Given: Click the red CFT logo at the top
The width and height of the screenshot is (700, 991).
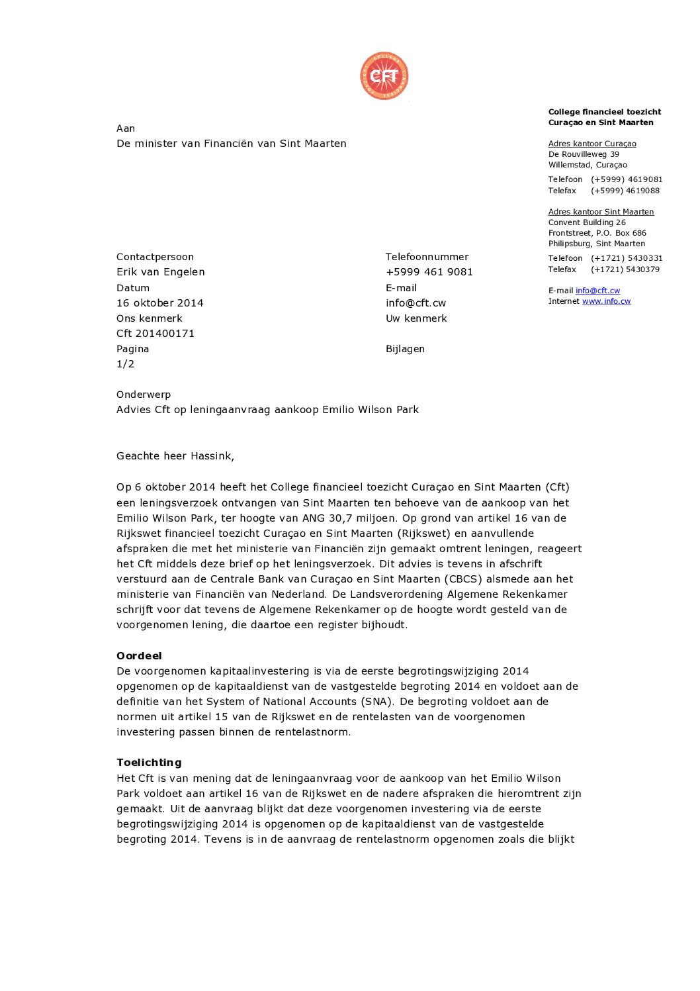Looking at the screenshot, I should click(384, 77).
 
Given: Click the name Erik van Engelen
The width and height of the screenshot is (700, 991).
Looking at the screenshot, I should click(161, 272).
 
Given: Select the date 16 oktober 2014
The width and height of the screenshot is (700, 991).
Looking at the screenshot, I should click(160, 303).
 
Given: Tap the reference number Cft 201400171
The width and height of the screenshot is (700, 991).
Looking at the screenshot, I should click(155, 334).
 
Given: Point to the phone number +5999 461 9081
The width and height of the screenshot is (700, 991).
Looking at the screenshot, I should click(429, 272).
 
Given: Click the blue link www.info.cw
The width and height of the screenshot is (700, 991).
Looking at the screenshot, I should click(606, 301).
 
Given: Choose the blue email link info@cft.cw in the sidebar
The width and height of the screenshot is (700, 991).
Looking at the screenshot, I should click(597, 291).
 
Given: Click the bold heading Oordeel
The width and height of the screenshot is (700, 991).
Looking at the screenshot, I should click(139, 656).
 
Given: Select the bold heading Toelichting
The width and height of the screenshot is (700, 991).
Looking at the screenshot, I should click(149, 763).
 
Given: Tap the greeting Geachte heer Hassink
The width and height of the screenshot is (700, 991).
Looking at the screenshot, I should click(175, 456).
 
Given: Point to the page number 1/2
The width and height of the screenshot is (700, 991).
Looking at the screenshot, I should click(126, 364).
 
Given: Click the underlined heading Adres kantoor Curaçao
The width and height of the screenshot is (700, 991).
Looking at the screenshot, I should click(592, 144).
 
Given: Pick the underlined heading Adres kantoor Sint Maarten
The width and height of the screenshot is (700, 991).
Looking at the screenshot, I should click(601, 212).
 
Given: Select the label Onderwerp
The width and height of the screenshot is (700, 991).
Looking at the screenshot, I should click(144, 395).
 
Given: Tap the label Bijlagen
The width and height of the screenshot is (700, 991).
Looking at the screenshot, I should click(405, 349).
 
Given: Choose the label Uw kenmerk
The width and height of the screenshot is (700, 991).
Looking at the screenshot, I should click(416, 318).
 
